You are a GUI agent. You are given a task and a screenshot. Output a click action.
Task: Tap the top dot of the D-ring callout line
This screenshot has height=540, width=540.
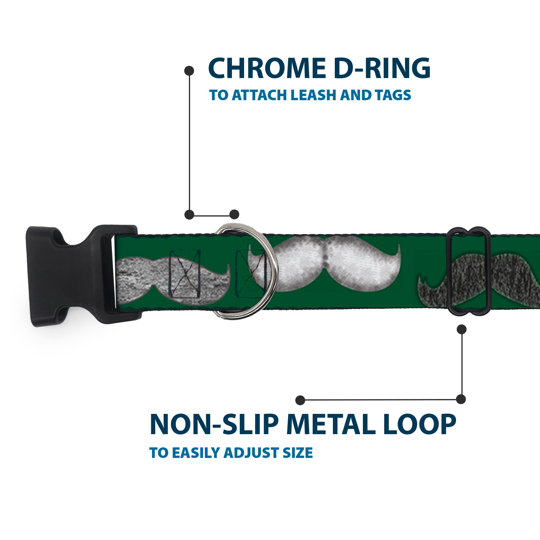189,71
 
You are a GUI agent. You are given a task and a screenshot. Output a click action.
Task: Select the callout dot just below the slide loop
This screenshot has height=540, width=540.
461,329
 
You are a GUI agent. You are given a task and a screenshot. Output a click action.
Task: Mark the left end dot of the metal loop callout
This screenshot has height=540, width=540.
300,400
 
